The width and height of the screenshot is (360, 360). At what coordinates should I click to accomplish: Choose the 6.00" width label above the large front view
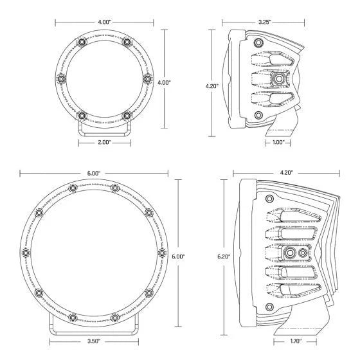coord(94,174)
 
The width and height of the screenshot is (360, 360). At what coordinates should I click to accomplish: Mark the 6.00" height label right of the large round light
coord(178,256)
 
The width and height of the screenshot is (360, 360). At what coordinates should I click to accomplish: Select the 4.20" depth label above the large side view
coord(287,173)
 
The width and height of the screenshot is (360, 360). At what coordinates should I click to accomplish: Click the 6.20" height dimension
coord(223,256)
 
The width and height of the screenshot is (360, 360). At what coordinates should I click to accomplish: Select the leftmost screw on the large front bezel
coord(26,252)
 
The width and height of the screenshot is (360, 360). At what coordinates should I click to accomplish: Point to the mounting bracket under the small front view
coord(104,130)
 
